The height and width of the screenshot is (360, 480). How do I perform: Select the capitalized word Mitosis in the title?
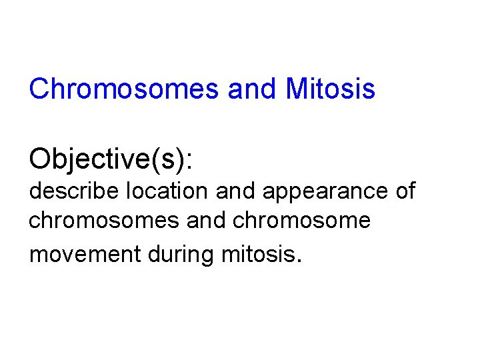point(330,89)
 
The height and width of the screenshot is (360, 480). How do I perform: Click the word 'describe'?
point(71,191)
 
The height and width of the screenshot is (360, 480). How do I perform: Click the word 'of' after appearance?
point(404,191)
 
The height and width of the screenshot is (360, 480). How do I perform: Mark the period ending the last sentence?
point(299,261)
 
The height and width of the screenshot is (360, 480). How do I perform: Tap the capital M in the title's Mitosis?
point(296,89)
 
